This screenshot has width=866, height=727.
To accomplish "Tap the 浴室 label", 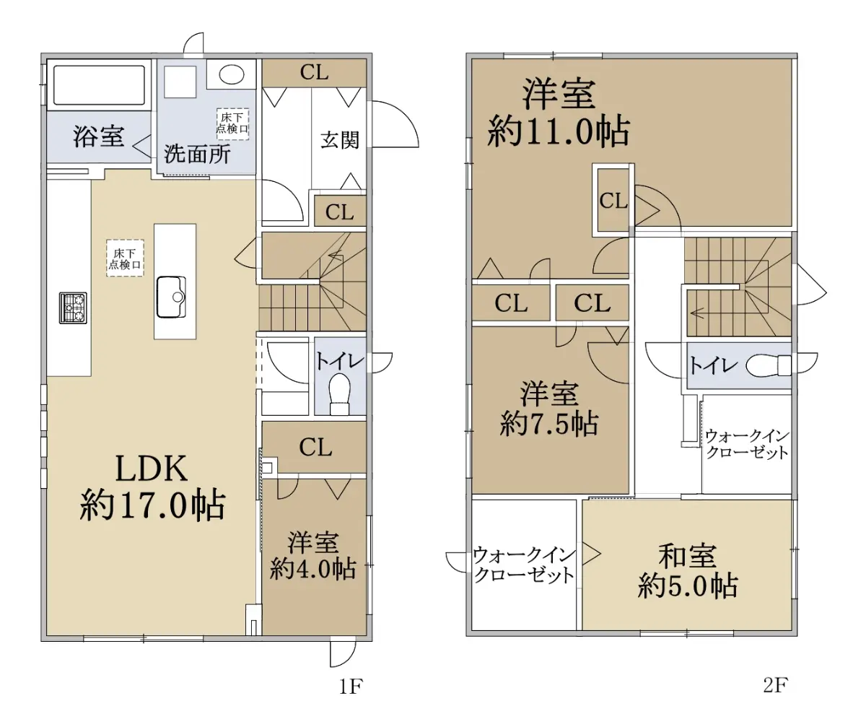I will pyautogui.click(x=98, y=136).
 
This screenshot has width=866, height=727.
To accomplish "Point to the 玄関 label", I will pyautogui.click(x=339, y=139).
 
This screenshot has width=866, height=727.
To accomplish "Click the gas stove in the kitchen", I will pyautogui.click(x=73, y=307).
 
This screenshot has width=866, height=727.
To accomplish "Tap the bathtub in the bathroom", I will pyautogui.click(x=97, y=85).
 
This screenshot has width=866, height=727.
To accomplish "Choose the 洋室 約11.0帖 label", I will pyautogui.click(x=559, y=113).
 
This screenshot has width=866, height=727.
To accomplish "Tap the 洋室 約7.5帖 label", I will pyautogui.click(x=549, y=409).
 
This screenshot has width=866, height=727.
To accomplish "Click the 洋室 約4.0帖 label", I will pyautogui.click(x=313, y=556).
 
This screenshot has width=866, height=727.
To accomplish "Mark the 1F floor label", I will pyautogui.click(x=349, y=687).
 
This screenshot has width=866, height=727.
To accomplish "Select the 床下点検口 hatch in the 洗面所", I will pyautogui.click(x=232, y=123).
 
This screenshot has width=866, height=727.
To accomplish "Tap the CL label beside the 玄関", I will pyautogui.click(x=339, y=212).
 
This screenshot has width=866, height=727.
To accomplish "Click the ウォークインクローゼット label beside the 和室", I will pyautogui.click(x=524, y=565).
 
